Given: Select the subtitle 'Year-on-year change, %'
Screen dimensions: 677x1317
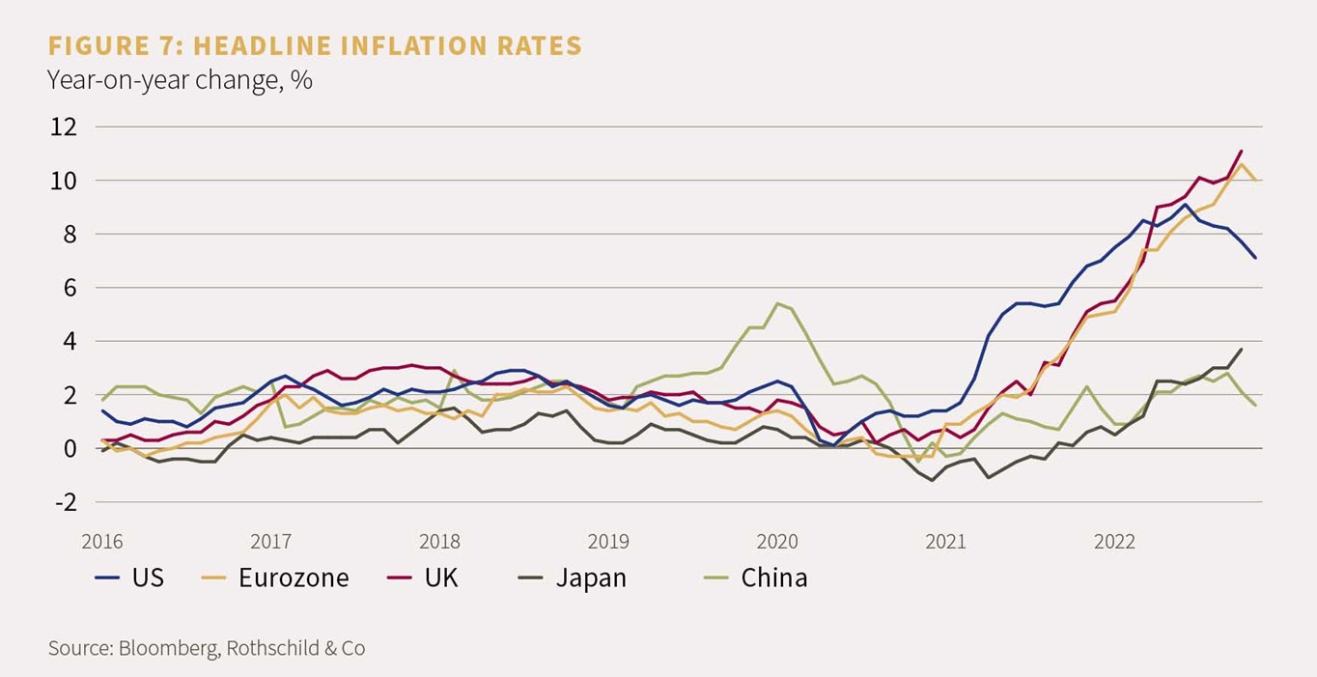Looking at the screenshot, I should [x=180, y=80].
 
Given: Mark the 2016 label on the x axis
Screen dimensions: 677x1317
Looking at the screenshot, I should [x=102, y=542].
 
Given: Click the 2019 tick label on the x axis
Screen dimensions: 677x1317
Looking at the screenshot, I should [x=608, y=542].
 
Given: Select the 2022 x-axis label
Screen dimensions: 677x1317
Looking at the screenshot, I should [x=1114, y=542].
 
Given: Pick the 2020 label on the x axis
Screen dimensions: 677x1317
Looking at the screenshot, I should [x=777, y=542].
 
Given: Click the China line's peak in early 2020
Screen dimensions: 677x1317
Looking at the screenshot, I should [x=777, y=303].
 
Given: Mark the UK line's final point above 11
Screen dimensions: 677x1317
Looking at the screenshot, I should [x=1241, y=151].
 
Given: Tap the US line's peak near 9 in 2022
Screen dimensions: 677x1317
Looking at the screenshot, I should [x=1185, y=204].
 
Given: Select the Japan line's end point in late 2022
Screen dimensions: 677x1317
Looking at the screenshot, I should [x=1241, y=349].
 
